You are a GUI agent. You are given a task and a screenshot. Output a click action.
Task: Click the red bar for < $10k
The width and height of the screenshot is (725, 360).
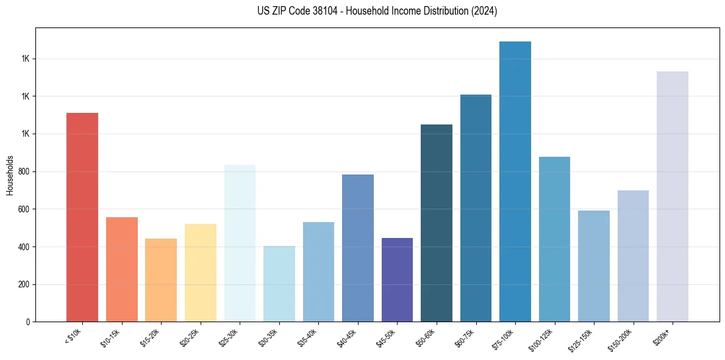click(82, 217)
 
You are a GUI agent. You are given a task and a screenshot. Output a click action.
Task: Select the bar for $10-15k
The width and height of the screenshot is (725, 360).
click(121, 269)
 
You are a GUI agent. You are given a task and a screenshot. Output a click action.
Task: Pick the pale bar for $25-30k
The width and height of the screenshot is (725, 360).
click(240, 243)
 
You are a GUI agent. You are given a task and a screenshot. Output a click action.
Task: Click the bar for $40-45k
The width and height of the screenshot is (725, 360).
click(358, 248)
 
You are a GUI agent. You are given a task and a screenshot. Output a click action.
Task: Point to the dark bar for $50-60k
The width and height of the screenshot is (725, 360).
click(437, 223)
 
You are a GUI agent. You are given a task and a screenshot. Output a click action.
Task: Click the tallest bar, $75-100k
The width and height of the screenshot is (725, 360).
click(515, 181)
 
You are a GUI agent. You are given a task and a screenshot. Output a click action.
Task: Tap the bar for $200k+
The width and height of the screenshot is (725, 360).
click(673, 196)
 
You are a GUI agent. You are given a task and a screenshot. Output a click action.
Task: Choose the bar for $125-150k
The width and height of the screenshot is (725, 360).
click(594, 266)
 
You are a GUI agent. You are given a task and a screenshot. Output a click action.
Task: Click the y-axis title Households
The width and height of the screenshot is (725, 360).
click(10, 175)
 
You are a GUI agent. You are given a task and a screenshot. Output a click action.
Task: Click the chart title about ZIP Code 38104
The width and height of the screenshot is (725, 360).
click(377, 11)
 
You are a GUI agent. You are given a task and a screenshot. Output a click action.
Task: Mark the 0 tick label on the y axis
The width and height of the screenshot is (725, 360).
click(27, 322)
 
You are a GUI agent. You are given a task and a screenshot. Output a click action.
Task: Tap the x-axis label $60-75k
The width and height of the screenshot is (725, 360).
click(466, 337)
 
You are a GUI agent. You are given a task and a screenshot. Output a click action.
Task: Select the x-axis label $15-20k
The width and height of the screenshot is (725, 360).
click(151, 337)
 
